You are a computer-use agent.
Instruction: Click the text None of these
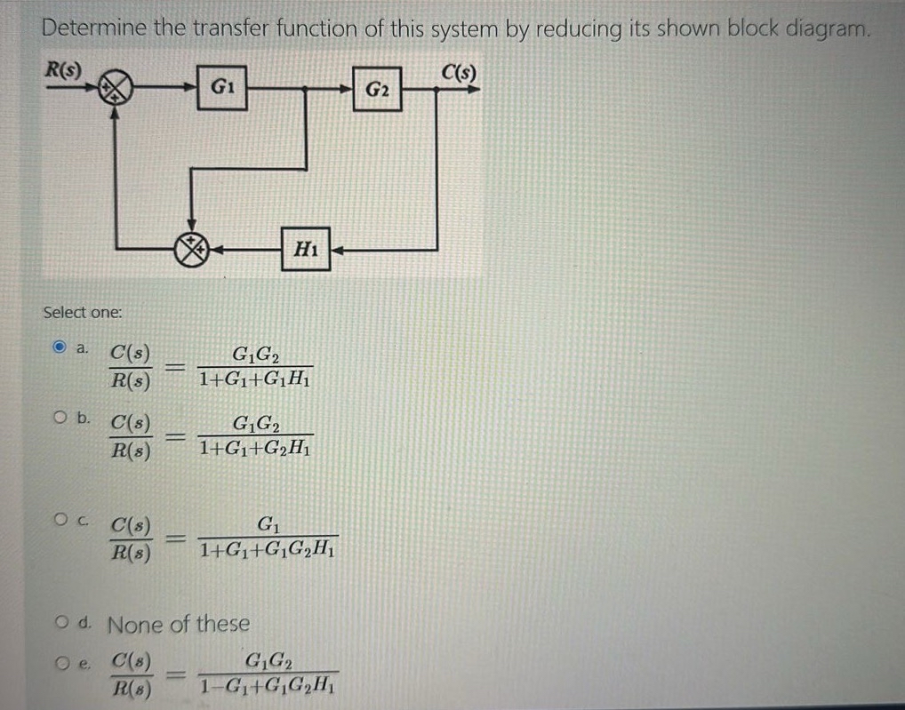click(x=179, y=624)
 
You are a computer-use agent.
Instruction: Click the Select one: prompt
click(x=84, y=312)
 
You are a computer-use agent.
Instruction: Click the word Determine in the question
click(x=94, y=28)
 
